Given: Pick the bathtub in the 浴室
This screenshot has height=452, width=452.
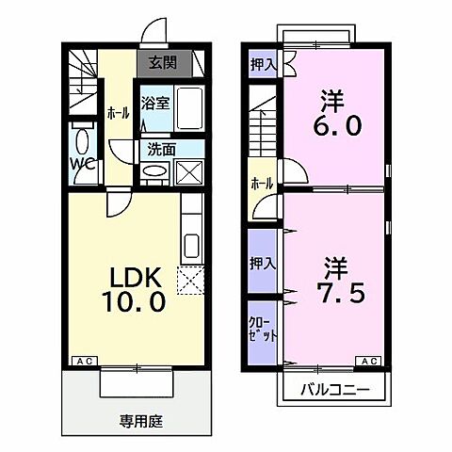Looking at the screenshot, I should tap(188, 109).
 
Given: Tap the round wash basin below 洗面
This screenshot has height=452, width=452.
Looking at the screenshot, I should tap(153, 172).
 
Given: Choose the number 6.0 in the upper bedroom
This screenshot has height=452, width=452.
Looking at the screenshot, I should tap(338, 125).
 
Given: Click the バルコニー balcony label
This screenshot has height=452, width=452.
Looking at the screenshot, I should tap(332, 390).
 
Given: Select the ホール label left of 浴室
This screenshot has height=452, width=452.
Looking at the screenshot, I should tap(118, 112).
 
